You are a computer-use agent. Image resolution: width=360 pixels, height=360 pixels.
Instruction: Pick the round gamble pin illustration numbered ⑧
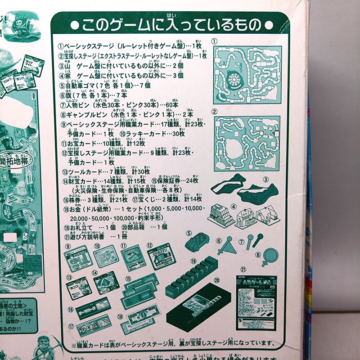261,255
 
